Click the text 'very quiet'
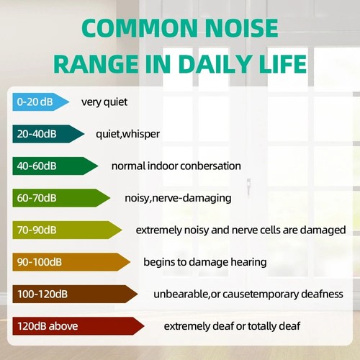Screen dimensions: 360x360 tap(104, 102)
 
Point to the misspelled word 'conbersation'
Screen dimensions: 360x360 tap(209, 166)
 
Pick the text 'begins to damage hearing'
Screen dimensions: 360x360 tap(204, 261)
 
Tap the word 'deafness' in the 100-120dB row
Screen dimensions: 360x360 tap(321, 294)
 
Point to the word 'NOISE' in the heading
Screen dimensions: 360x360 tap(242, 29)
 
